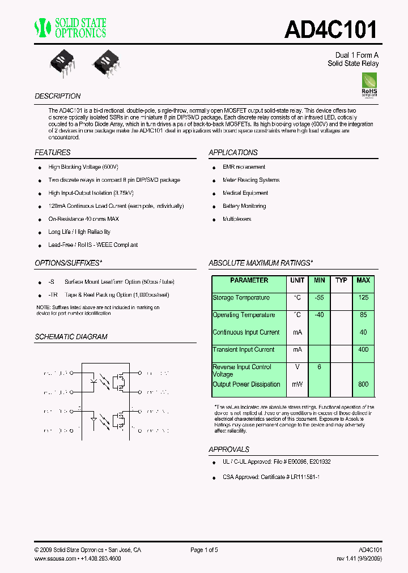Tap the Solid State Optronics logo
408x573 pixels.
coord(71,28)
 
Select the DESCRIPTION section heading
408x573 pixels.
coord(58,96)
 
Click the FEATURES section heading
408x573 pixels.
coord(53,152)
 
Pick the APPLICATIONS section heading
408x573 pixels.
coord(233,152)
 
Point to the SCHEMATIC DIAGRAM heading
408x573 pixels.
coord(71,336)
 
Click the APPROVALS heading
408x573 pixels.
coord(229,449)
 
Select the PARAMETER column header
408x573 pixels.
coord(249,280)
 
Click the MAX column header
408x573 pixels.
coord(363,280)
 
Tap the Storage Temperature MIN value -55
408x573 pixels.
coord(320,297)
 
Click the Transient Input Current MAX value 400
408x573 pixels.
coord(363,349)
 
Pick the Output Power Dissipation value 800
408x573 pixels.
coord(363,384)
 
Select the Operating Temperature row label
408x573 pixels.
coord(244,315)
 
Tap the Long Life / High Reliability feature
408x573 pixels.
coord(79,232)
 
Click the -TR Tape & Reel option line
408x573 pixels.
coord(108,295)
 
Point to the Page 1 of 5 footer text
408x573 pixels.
coord(204,550)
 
